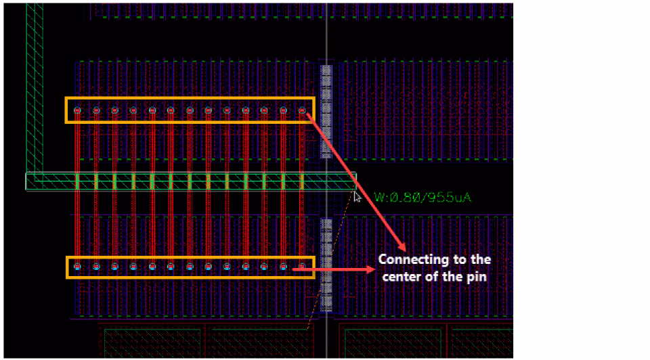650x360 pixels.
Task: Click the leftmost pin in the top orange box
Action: pos(78,110)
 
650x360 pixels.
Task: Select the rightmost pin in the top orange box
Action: pos(302,110)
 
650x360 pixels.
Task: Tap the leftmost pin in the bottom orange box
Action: pos(78,266)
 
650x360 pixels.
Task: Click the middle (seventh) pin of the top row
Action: pos(190,110)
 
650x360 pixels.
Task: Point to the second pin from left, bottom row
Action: pos(96,266)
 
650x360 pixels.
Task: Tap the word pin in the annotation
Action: pos(478,276)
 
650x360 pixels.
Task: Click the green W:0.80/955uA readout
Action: pos(421,198)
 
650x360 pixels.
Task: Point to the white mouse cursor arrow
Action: pos(357,196)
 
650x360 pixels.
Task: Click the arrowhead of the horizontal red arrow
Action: pos(372,269)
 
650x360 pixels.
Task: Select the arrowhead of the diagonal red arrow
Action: pos(403,247)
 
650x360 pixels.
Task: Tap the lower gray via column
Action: pos(326,264)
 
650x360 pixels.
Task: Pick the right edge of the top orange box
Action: pos(314,110)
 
